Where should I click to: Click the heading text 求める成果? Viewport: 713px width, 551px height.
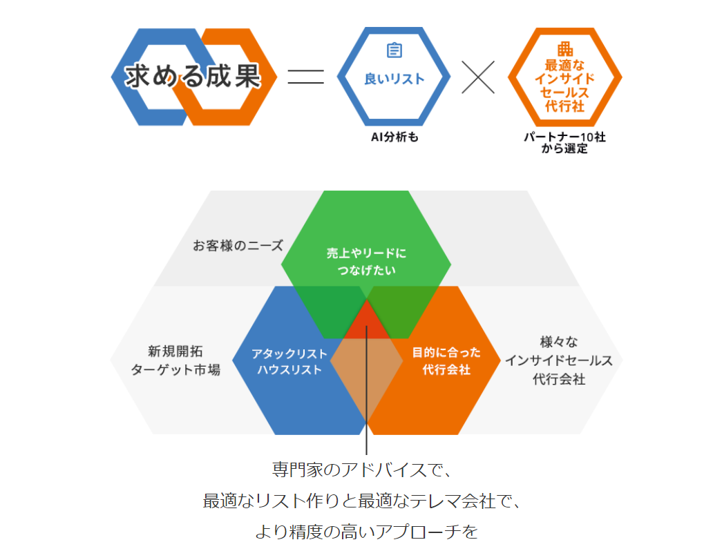click(x=193, y=77)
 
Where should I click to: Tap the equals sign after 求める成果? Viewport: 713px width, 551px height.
click(x=305, y=77)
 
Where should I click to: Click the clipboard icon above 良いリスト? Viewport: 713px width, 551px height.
click(x=394, y=50)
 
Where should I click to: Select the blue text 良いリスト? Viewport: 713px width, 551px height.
click(x=394, y=79)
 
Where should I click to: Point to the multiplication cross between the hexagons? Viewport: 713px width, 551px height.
click(x=478, y=77)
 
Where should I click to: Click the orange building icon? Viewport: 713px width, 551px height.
click(x=565, y=49)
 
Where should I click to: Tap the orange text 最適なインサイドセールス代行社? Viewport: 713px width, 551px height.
click(x=565, y=86)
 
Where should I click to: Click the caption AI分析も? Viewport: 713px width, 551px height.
click(x=394, y=137)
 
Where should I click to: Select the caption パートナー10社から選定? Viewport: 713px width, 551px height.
click(x=565, y=143)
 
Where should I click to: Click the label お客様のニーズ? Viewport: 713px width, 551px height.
click(x=238, y=245)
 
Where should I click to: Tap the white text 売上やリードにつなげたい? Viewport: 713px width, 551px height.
click(x=367, y=262)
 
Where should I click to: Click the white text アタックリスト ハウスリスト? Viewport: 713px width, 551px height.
click(x=287, y=361)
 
